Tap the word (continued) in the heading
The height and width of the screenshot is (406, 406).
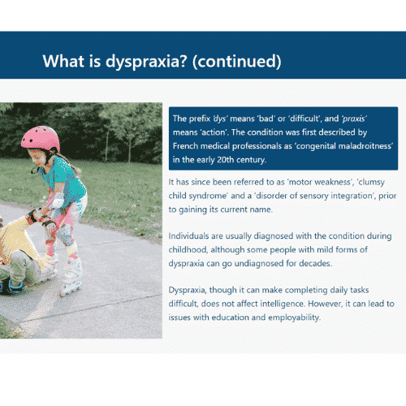237,62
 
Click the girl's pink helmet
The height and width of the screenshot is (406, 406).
41,138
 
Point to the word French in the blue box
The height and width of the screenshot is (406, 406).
185,146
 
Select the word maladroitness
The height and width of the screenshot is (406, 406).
365,146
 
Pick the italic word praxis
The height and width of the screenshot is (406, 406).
354,119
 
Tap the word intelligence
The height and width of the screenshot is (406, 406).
283,304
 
